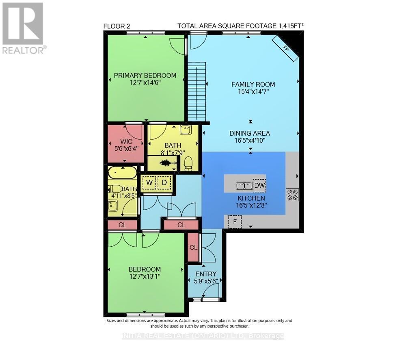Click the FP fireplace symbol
285,49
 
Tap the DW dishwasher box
259,185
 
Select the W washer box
149,182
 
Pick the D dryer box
164,182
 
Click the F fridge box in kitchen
235,222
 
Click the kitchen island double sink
244,185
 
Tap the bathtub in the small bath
123,173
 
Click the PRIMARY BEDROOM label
145,76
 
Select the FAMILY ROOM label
253,84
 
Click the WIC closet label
126,141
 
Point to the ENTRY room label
206,274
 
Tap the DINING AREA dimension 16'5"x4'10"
249,141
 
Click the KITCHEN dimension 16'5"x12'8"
251,206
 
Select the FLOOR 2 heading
117,26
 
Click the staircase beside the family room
197,91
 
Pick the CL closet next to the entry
193,247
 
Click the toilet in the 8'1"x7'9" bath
188,163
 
